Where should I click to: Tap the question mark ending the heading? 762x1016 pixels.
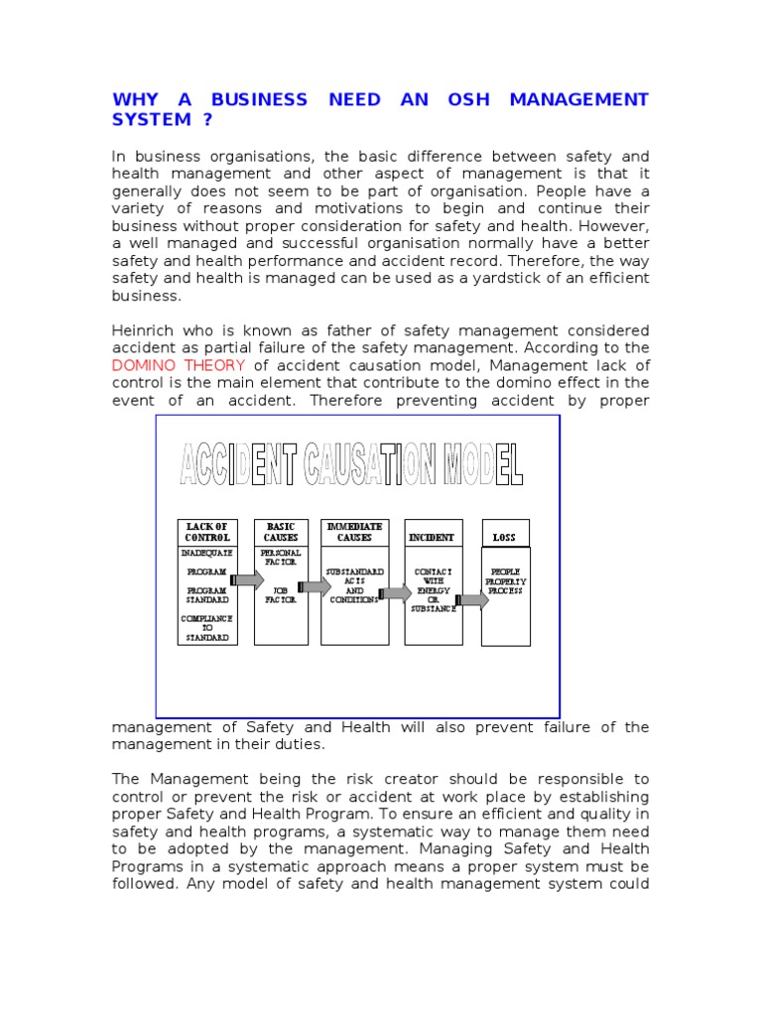tap(206, 119)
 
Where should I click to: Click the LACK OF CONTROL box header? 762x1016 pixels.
tap(207, 532)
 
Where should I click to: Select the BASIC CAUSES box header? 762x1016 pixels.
tap(281, 532)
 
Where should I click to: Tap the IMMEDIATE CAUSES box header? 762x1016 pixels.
tap(354, 532)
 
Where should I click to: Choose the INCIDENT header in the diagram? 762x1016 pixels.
tap(432, 537)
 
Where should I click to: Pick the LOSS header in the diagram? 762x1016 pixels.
tap(505, 537)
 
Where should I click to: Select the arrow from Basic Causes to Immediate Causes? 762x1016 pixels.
tap(315, 587)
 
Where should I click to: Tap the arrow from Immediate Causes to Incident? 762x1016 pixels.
tap(395, 593)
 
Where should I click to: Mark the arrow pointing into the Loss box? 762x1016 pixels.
tap(471, 599)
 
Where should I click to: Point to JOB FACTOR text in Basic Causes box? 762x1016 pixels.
tap(280, 594)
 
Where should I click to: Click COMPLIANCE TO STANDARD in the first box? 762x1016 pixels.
tap(207, 628)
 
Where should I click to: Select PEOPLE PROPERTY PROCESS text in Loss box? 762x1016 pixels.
tap(505, 580)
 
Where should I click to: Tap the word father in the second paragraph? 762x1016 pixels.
tap(317, 329)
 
